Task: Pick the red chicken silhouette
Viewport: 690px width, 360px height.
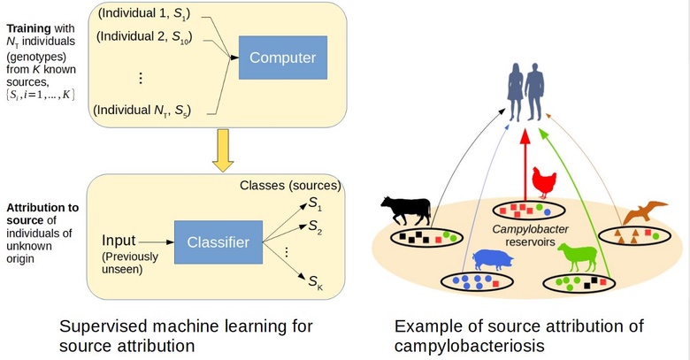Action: [x=540, y=184]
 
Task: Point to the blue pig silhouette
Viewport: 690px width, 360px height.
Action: [x=494, y=260]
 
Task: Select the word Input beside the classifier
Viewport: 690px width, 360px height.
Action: [x=119, y=241]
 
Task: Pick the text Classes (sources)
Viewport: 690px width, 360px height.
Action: [x=290, y=186]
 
